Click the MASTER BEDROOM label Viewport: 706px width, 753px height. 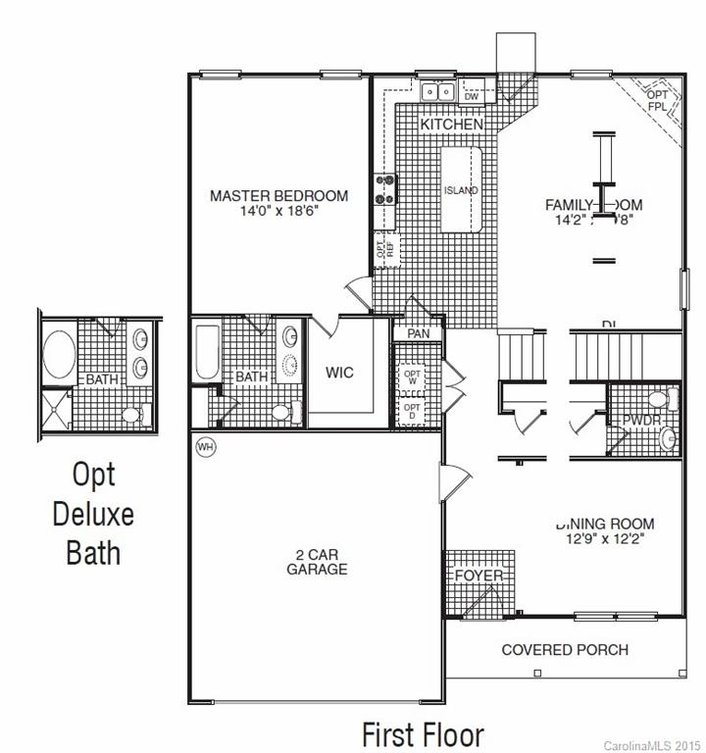click(x=278, y=196)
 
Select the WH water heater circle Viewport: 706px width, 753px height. click(x=205, y=446)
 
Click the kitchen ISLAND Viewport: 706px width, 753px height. click(x=461, y=190)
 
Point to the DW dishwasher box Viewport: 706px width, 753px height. click(x=471, y=96)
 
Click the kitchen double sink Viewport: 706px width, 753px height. click(x=437, y=93)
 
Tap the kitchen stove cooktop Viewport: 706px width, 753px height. click(x=383, y=188)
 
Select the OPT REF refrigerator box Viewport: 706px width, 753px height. click(x=383, y=247)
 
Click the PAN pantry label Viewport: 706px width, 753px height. click(x=419, y=333)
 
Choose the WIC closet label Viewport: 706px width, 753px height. click(x=339, y=374)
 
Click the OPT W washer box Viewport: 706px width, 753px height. click(x=412, y=376)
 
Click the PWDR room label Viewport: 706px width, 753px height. click(x=641, y=421)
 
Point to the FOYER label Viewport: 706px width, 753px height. click(x=479, y=576)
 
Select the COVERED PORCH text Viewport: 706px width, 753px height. click(x=565, y=649)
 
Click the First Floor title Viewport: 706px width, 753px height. click(x=423, y=733)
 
